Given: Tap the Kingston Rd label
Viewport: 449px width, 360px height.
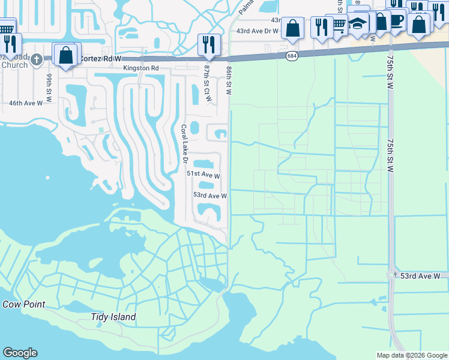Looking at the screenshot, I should coord(141,68).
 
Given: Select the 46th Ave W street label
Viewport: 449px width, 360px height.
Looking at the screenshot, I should coord(26,103).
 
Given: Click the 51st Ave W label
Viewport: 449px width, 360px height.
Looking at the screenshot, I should coord(203,175).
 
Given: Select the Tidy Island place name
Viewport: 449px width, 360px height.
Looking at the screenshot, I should coord(113,317).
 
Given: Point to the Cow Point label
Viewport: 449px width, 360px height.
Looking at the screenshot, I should coord(23,304).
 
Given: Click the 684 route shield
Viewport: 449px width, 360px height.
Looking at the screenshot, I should coord(292,56).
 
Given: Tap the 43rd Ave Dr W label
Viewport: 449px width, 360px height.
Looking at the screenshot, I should coord(258,31).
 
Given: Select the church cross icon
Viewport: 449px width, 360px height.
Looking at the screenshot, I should coord(37,59).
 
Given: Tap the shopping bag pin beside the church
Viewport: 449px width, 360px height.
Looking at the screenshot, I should coord(64,55).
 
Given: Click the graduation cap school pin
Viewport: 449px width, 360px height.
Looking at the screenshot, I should coord(357,24).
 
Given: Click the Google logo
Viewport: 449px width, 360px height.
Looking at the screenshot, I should coord(20,353).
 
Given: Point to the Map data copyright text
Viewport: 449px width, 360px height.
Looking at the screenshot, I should coord(412,355).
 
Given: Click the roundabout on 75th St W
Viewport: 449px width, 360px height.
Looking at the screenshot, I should coord(392,275).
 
